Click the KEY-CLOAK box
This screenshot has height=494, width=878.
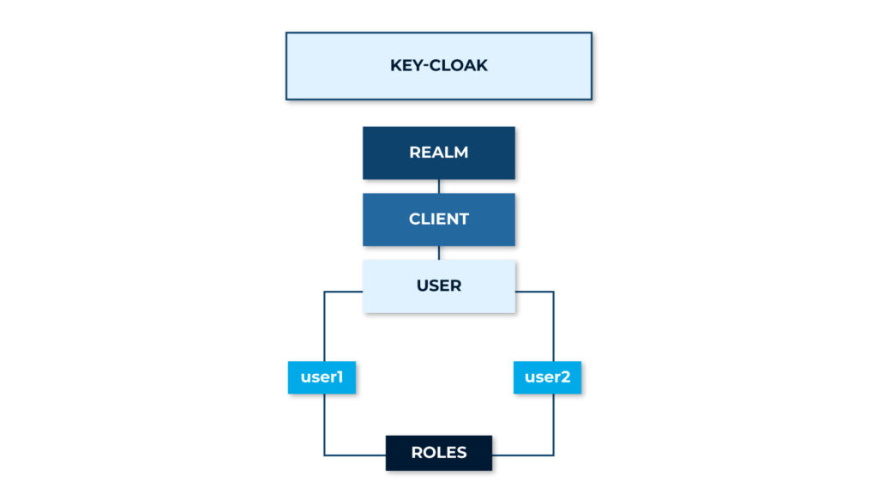click(x=438, y=66)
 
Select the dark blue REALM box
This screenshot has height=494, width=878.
click(x=438, y=153)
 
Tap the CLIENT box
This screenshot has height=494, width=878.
click(x=438, y=219)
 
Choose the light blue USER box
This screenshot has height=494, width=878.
click(x=438, y=286)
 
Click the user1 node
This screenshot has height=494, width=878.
click(x=322, y=377)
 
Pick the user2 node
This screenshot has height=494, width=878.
click(x=547, y=377)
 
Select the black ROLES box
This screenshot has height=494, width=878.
click(x=438, y=453)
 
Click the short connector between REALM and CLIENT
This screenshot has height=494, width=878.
click(x=439, y=186)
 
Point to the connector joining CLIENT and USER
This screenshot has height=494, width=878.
click(x=439, y=252)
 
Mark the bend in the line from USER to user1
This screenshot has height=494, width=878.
click(x=324, y=292)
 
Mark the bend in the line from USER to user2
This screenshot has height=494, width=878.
click(x=553, y=292)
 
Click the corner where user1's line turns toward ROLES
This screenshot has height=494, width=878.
click(x=324, y=455)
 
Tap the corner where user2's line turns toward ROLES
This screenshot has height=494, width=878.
click(x=553, y=455)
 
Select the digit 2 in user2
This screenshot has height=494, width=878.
click(x=568, y=377)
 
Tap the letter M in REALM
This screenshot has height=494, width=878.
click(x=460, y=153)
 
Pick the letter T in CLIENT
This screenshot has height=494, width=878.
click(x=464, y=219)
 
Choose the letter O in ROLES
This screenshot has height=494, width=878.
click(x=429, y=453)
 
